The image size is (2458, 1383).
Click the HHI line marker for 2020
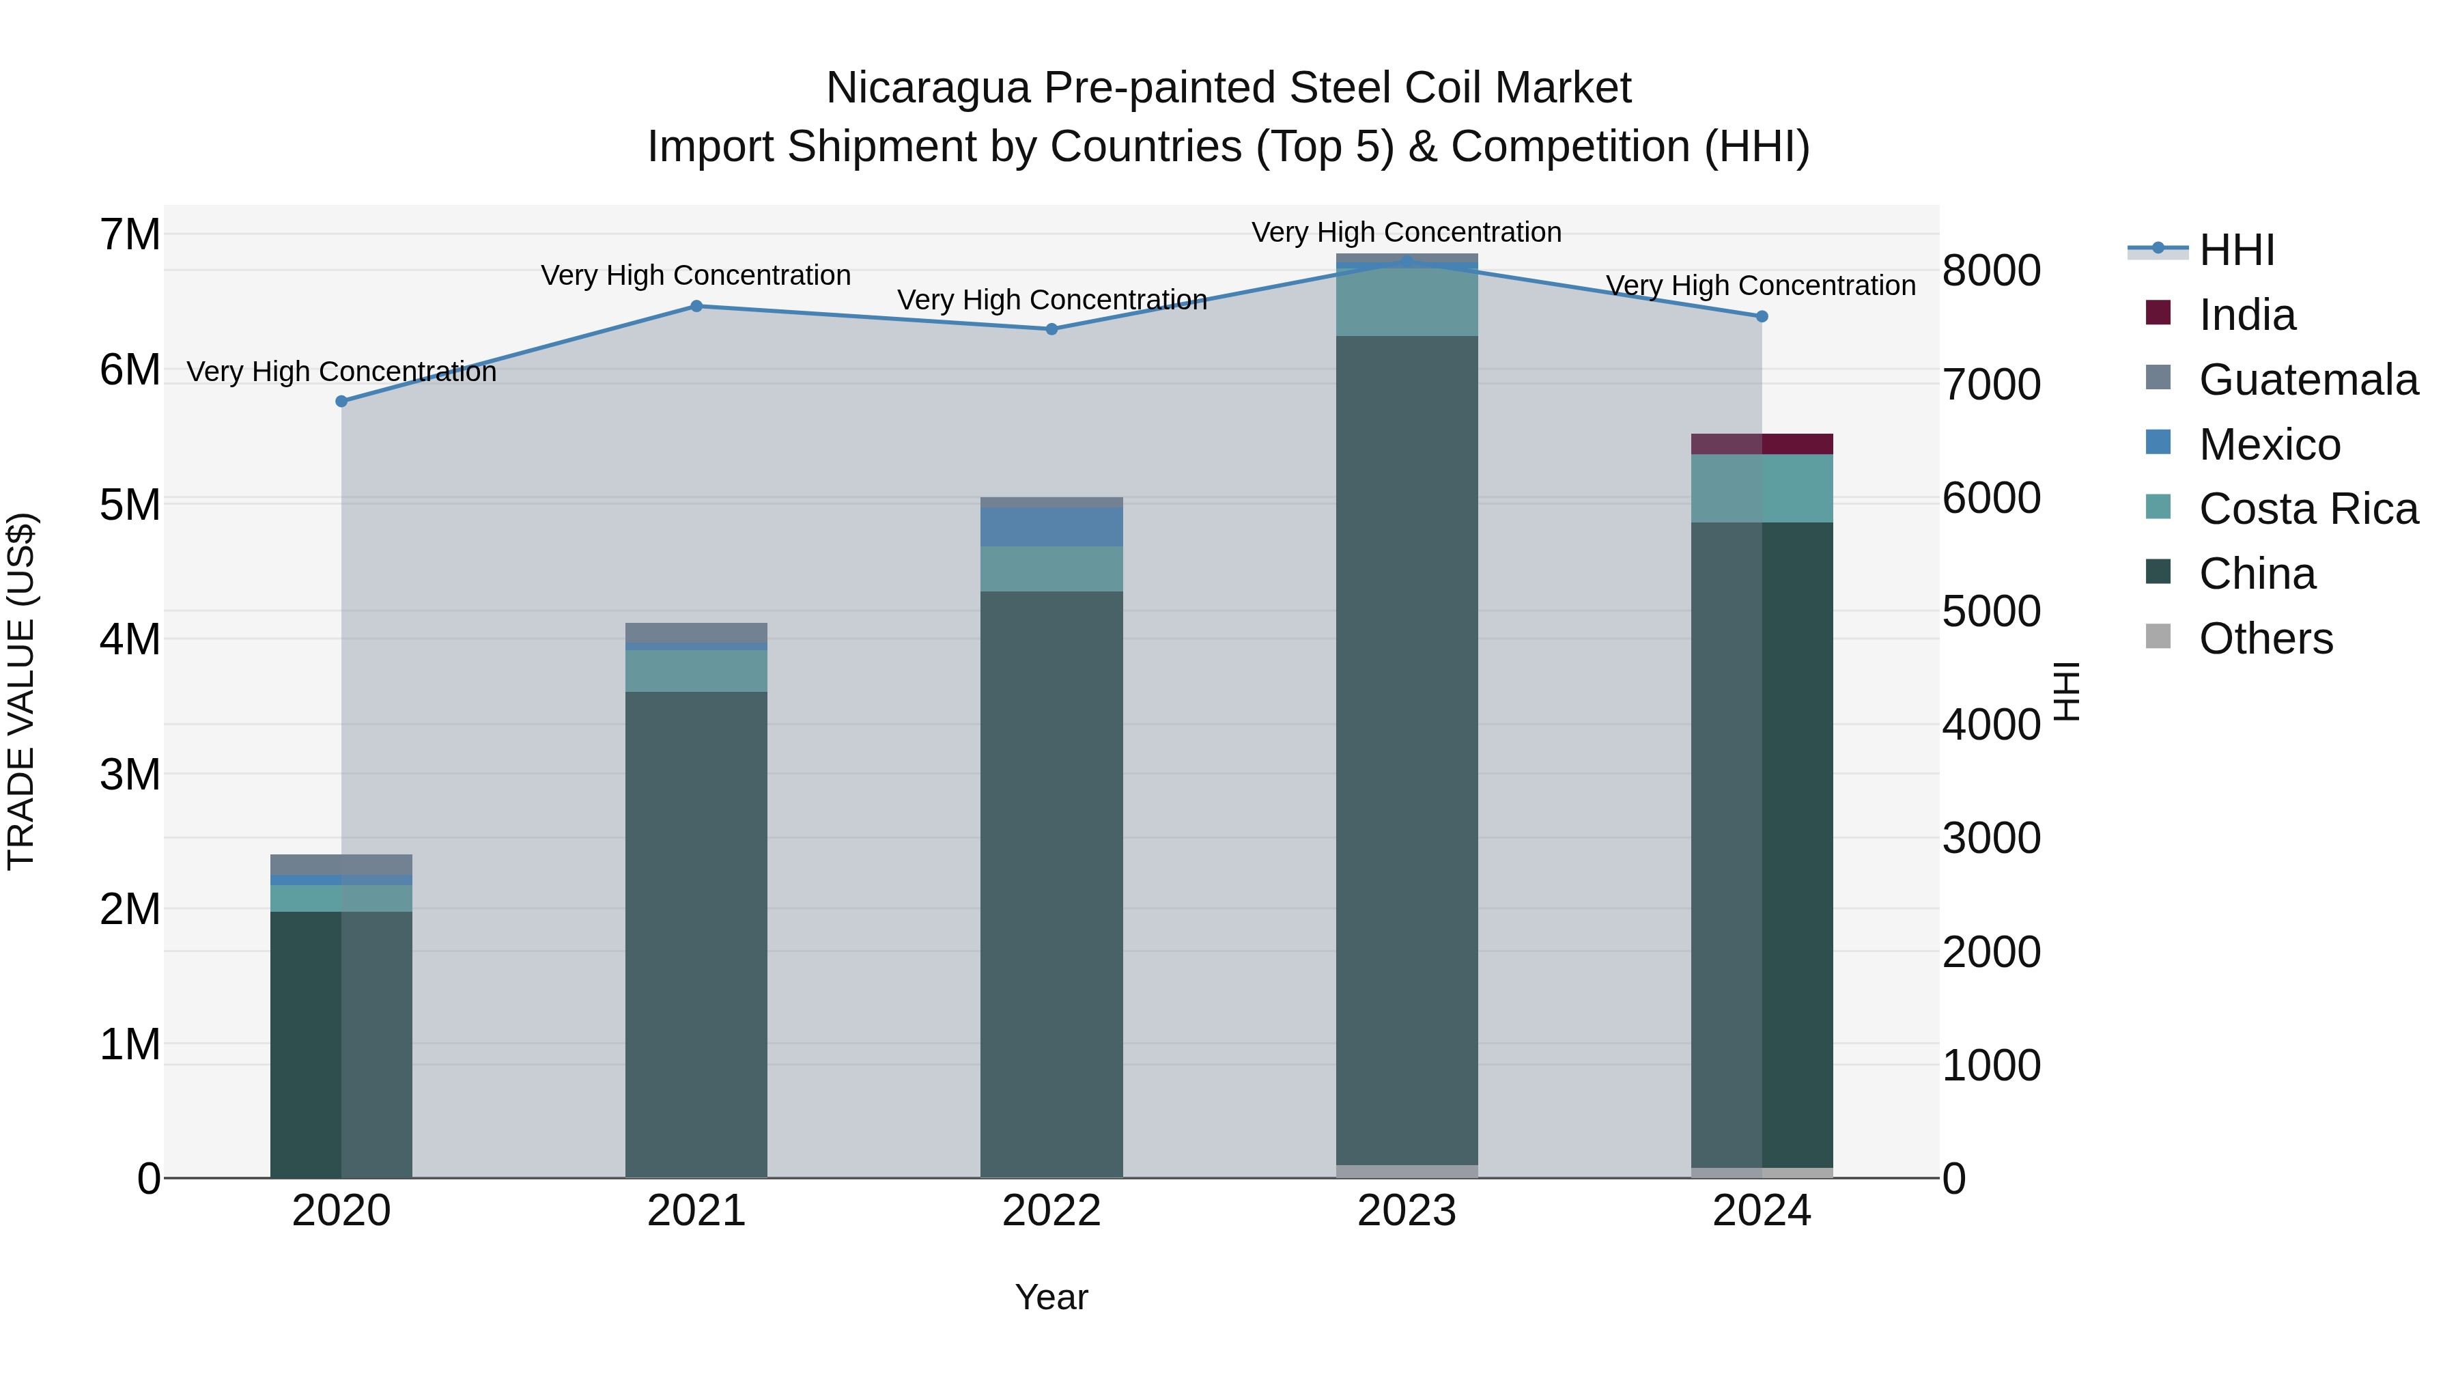pos(341,402)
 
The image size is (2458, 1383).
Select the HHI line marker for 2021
pos(696,307)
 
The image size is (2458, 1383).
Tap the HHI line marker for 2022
pos(1051,329)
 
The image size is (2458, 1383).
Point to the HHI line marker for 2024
pos(1762,317)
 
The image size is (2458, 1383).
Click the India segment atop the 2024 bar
pos(1762,445)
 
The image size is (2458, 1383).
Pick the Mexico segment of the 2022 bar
pos(1051,527)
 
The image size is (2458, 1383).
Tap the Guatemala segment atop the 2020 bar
pos(341,865)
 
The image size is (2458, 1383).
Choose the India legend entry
pos(2246,315)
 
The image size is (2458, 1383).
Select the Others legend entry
pos(2265,639)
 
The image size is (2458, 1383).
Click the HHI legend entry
pos(2235,250)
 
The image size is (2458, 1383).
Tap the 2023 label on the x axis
pos(1407,1211)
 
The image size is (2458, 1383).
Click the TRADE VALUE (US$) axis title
pos(21,691)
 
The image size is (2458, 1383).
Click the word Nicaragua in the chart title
pos(927,88)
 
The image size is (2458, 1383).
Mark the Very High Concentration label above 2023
pos(1407,232)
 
